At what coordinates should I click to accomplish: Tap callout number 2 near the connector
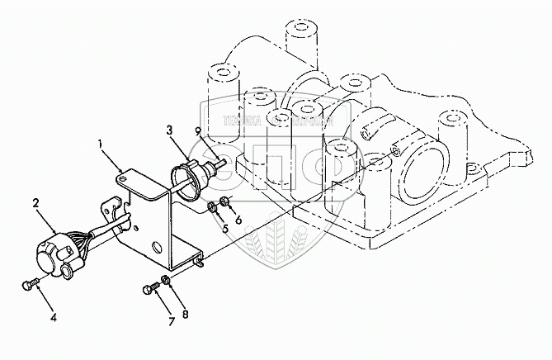(x=35, y=201)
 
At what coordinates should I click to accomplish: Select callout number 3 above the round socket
(x=168, y=130)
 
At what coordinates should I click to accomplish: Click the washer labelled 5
(x=212, y=206)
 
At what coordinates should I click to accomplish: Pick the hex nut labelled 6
(x=225, y=202)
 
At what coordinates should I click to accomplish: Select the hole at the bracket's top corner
(x=122, y=173)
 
